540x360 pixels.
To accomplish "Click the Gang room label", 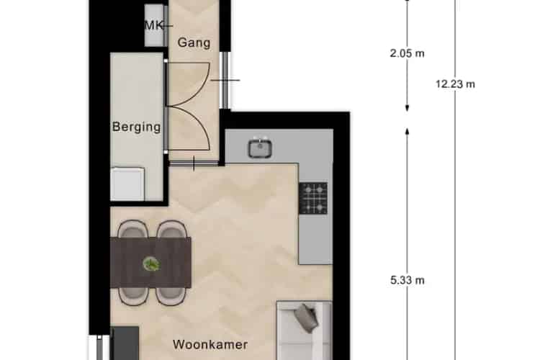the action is (194, 42).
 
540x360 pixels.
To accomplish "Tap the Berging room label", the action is (136, 127).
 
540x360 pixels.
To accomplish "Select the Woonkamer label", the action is (210, 344).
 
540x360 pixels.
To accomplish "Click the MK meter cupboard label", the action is (153, 25).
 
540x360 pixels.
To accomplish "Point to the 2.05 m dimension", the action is (407, 53).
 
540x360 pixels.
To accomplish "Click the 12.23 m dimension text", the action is (455, 84).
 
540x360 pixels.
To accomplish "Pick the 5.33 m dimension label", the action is (407, 280).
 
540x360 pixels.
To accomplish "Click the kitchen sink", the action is (261, 148).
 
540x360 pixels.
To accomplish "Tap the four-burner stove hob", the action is (313, 199).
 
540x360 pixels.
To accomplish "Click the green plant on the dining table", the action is (151, 264).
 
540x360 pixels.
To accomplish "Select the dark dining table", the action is (150, 263).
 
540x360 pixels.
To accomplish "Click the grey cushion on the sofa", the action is (305, 318).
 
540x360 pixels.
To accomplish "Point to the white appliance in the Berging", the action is (127, 184).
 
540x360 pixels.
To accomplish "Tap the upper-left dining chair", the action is (133, 228).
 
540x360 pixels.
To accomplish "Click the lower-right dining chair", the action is (171, 296).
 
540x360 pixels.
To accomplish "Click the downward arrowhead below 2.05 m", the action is (407, 108).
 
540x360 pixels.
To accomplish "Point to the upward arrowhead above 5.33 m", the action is (407, 132).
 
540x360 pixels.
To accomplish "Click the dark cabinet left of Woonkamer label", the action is (126, 343).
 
